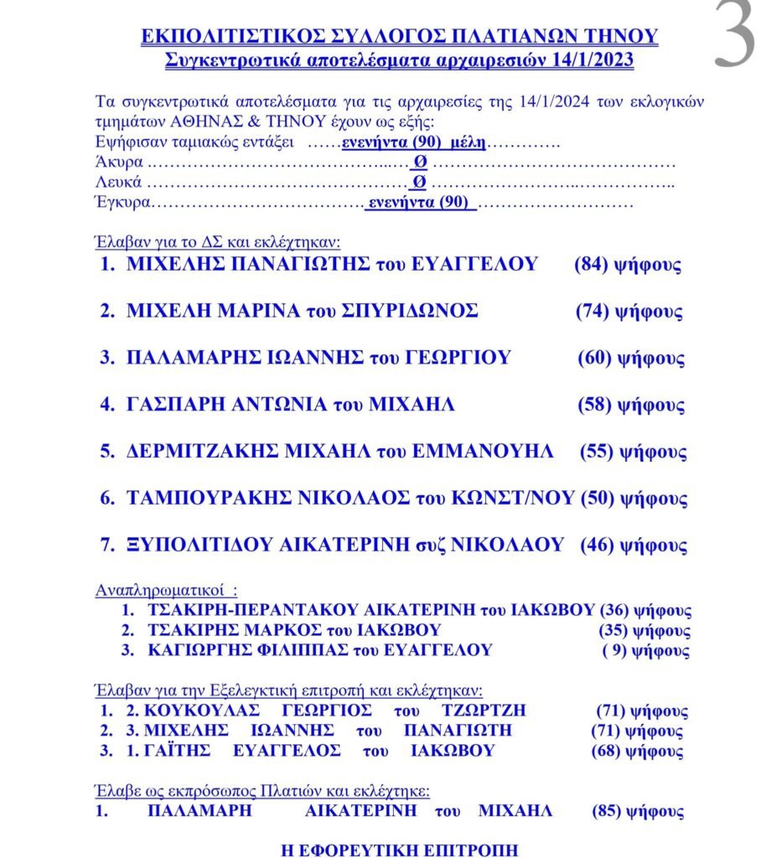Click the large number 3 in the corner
point(736,35)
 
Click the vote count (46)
point(597,545)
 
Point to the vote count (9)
point(615,650)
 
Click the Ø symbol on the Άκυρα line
point(421,161)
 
